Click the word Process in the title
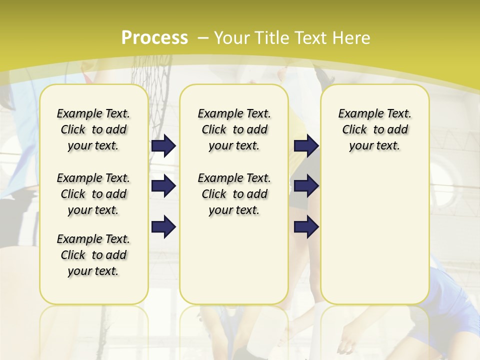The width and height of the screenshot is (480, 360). click(x=154, y=38)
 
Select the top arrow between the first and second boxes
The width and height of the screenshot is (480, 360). click(x=163, y=146)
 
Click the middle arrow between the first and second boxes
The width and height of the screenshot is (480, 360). click(x=163, y=186)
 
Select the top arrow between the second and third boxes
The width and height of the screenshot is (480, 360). click(x=306, y=146)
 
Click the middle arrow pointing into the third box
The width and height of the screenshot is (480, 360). click(x=306, y=186)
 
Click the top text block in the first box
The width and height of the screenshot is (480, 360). click(x=93, y=129)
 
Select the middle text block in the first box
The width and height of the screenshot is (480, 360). click(x=93, y=194)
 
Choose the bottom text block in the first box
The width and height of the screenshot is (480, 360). click(x=93, y=255)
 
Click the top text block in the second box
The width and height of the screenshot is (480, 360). click(x=234, y=129)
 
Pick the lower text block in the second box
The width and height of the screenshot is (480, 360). click(x=234, y=194)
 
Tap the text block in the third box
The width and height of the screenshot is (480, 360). click(x=374, y=129)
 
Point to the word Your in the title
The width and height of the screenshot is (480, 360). click(x=232, y=38)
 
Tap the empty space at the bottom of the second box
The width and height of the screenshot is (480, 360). click(x=234, y=265)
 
